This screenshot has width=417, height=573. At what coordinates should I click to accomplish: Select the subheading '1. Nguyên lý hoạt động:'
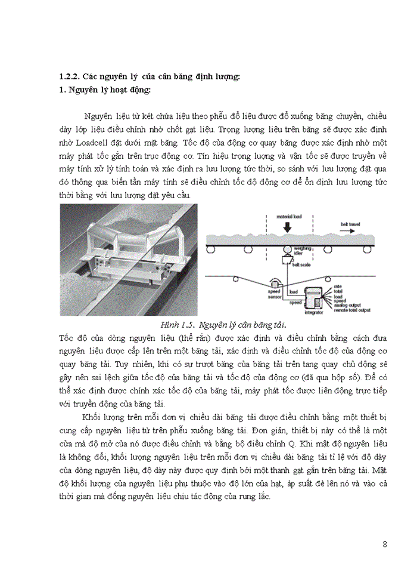click(x=105, y=90)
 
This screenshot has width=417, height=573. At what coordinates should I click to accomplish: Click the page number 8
click(x=385, y=544)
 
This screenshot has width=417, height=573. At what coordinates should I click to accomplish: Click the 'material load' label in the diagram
click(x=286, y=216)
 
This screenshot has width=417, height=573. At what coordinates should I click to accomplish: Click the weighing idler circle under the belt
click(x=287, y=249)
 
